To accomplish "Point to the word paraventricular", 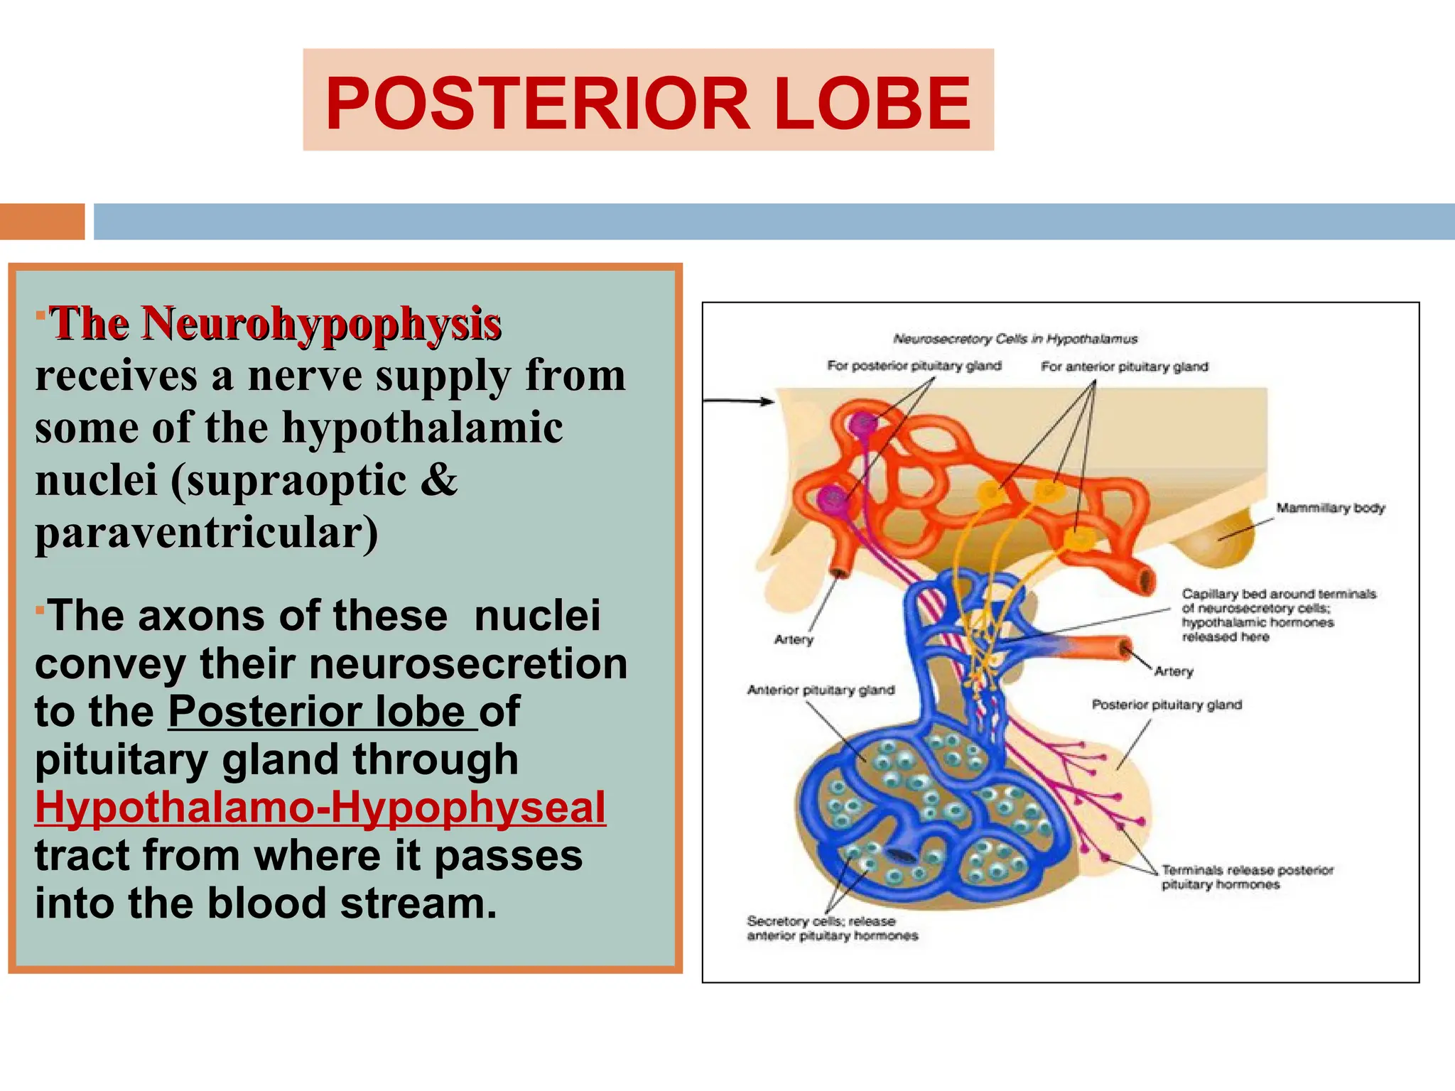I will (x=206, y=533).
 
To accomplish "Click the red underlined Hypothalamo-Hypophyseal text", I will (x=320, y=808).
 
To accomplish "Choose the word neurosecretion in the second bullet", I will (x=468, y=663).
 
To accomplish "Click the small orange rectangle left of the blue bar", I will (x=42, y=222).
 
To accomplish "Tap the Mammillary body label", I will (x=1330, y=508).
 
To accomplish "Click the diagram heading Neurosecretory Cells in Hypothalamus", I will (x=1015, y=339).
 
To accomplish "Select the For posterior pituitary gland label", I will (x=914, y=366).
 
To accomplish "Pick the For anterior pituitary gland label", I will (x=1124, y=367).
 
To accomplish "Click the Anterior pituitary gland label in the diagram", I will (x=821, y=690).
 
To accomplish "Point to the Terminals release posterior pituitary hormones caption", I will (x=1247, y=877).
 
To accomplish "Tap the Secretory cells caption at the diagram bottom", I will (x=832, y=928).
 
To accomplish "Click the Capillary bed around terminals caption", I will (x=1278, y=615).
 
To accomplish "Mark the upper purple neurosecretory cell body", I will (x=864, y=425).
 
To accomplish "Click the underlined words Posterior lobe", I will (x=323, y=712).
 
